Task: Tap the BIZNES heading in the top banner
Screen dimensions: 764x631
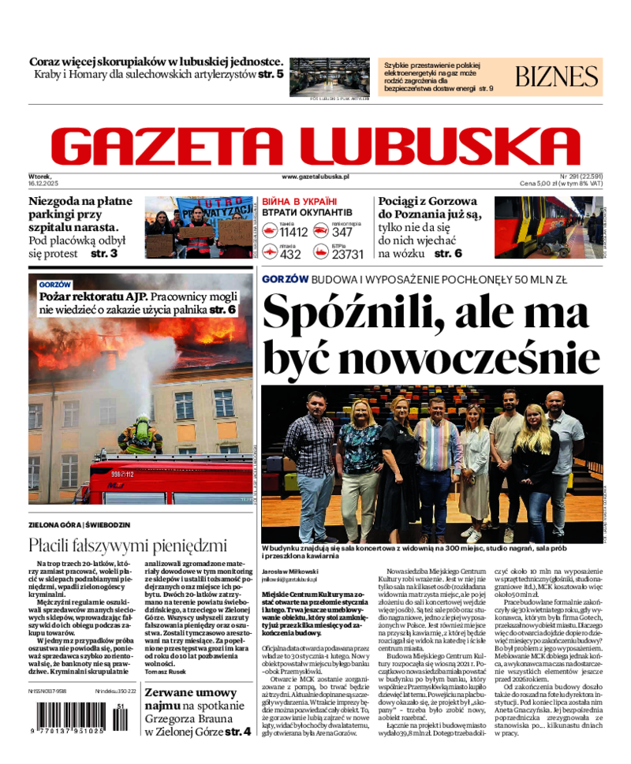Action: click(x=557, y=76)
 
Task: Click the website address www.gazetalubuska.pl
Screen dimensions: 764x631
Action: click(x=315, y=177)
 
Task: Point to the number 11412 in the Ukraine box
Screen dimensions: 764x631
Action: click(x=293, y=232)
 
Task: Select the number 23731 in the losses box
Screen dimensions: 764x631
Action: click(x=348, y=254)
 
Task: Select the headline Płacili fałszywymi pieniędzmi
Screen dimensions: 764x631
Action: click(x=128, y=545)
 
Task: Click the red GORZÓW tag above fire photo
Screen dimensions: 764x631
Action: click(x=54, y=285)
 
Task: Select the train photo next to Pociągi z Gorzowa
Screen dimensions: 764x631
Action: click(x=547, y=227)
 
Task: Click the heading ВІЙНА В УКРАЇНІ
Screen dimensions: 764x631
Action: click(x=299, y=202)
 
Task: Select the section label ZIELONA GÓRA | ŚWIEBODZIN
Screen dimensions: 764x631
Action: click(x=80, y=525)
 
